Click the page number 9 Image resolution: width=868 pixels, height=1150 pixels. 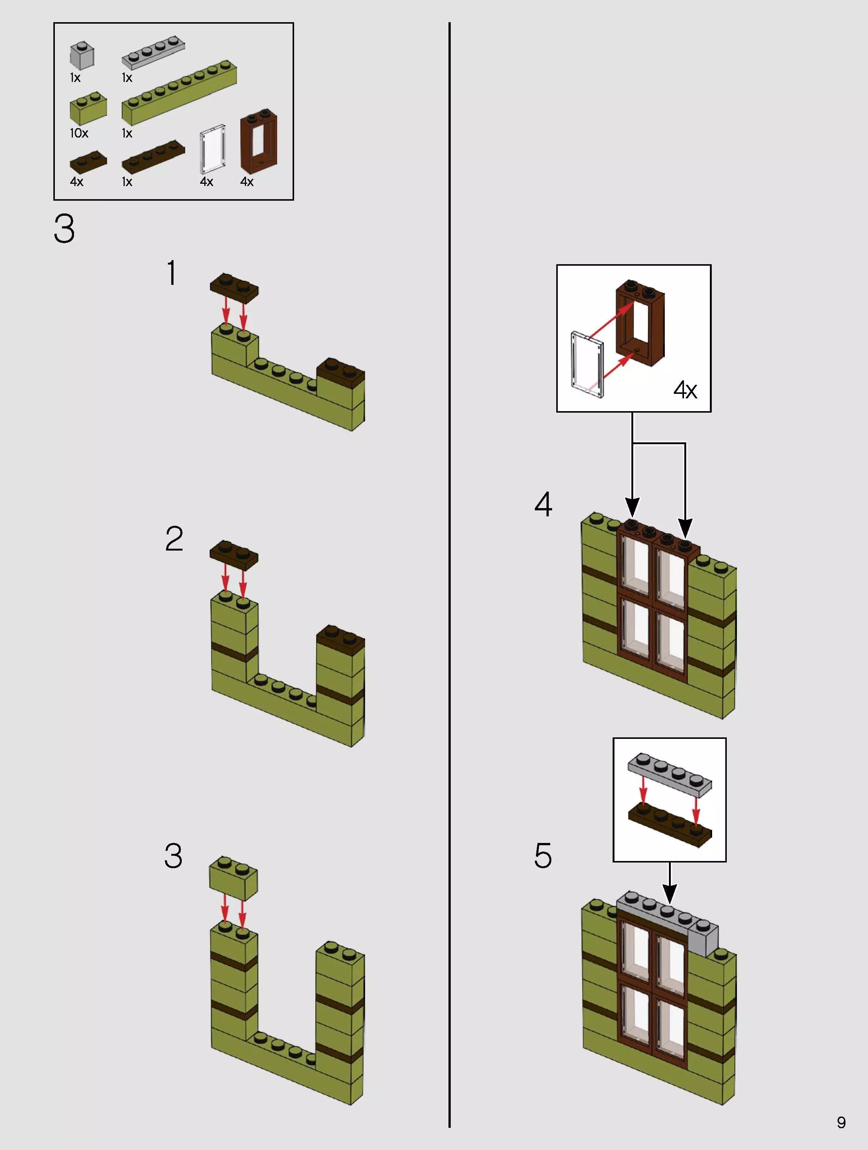[x=841, y=1123]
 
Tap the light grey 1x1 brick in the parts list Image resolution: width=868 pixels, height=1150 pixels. [x=82, y=56]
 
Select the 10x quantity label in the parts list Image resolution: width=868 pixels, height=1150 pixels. [x=79, y=133]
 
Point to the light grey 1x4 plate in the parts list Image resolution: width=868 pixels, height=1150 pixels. [x=153, y=53]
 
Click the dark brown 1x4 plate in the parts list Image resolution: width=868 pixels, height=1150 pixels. [x=153, y=156]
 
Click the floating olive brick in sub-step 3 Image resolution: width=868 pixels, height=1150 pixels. [x=233, y=879]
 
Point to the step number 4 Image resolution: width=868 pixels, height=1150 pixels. [x=543, y=504]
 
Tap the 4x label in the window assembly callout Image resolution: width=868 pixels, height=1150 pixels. [x=685, y=390]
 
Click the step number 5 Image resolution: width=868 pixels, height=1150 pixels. [x=543, y=856]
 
